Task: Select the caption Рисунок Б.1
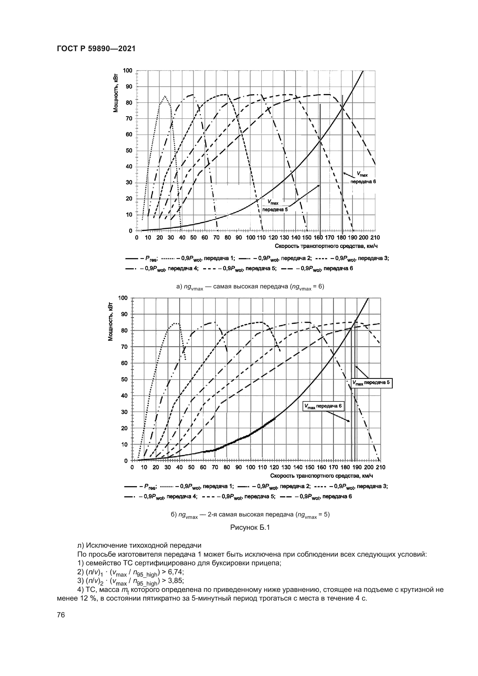coord(250,527)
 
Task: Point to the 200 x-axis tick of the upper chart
coord(364,238)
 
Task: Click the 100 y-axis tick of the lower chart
coord(123,298)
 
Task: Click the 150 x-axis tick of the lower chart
coord(309,467)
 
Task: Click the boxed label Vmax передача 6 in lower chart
coord(323,407)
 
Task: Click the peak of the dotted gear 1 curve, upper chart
coord(164,96)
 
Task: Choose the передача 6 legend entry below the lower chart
coord(316,497)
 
